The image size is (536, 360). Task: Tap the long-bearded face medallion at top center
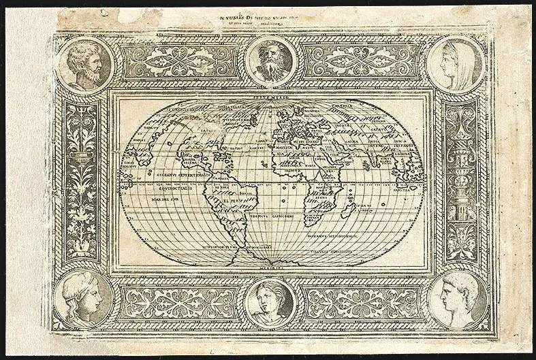(x=268, y=60)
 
